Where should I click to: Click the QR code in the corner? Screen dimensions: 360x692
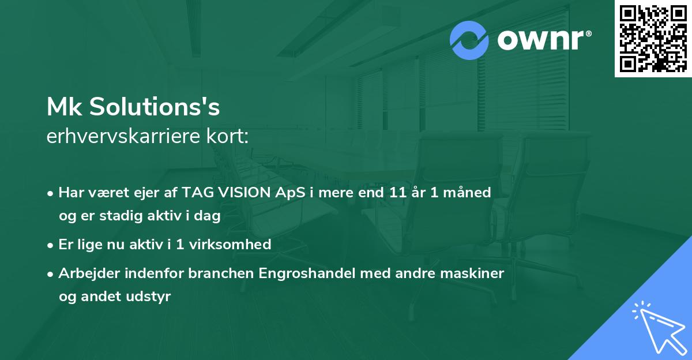point(653,38)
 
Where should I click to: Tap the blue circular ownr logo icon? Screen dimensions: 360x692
point(469,40)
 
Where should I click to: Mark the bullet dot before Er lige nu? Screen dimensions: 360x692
point(51,245)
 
